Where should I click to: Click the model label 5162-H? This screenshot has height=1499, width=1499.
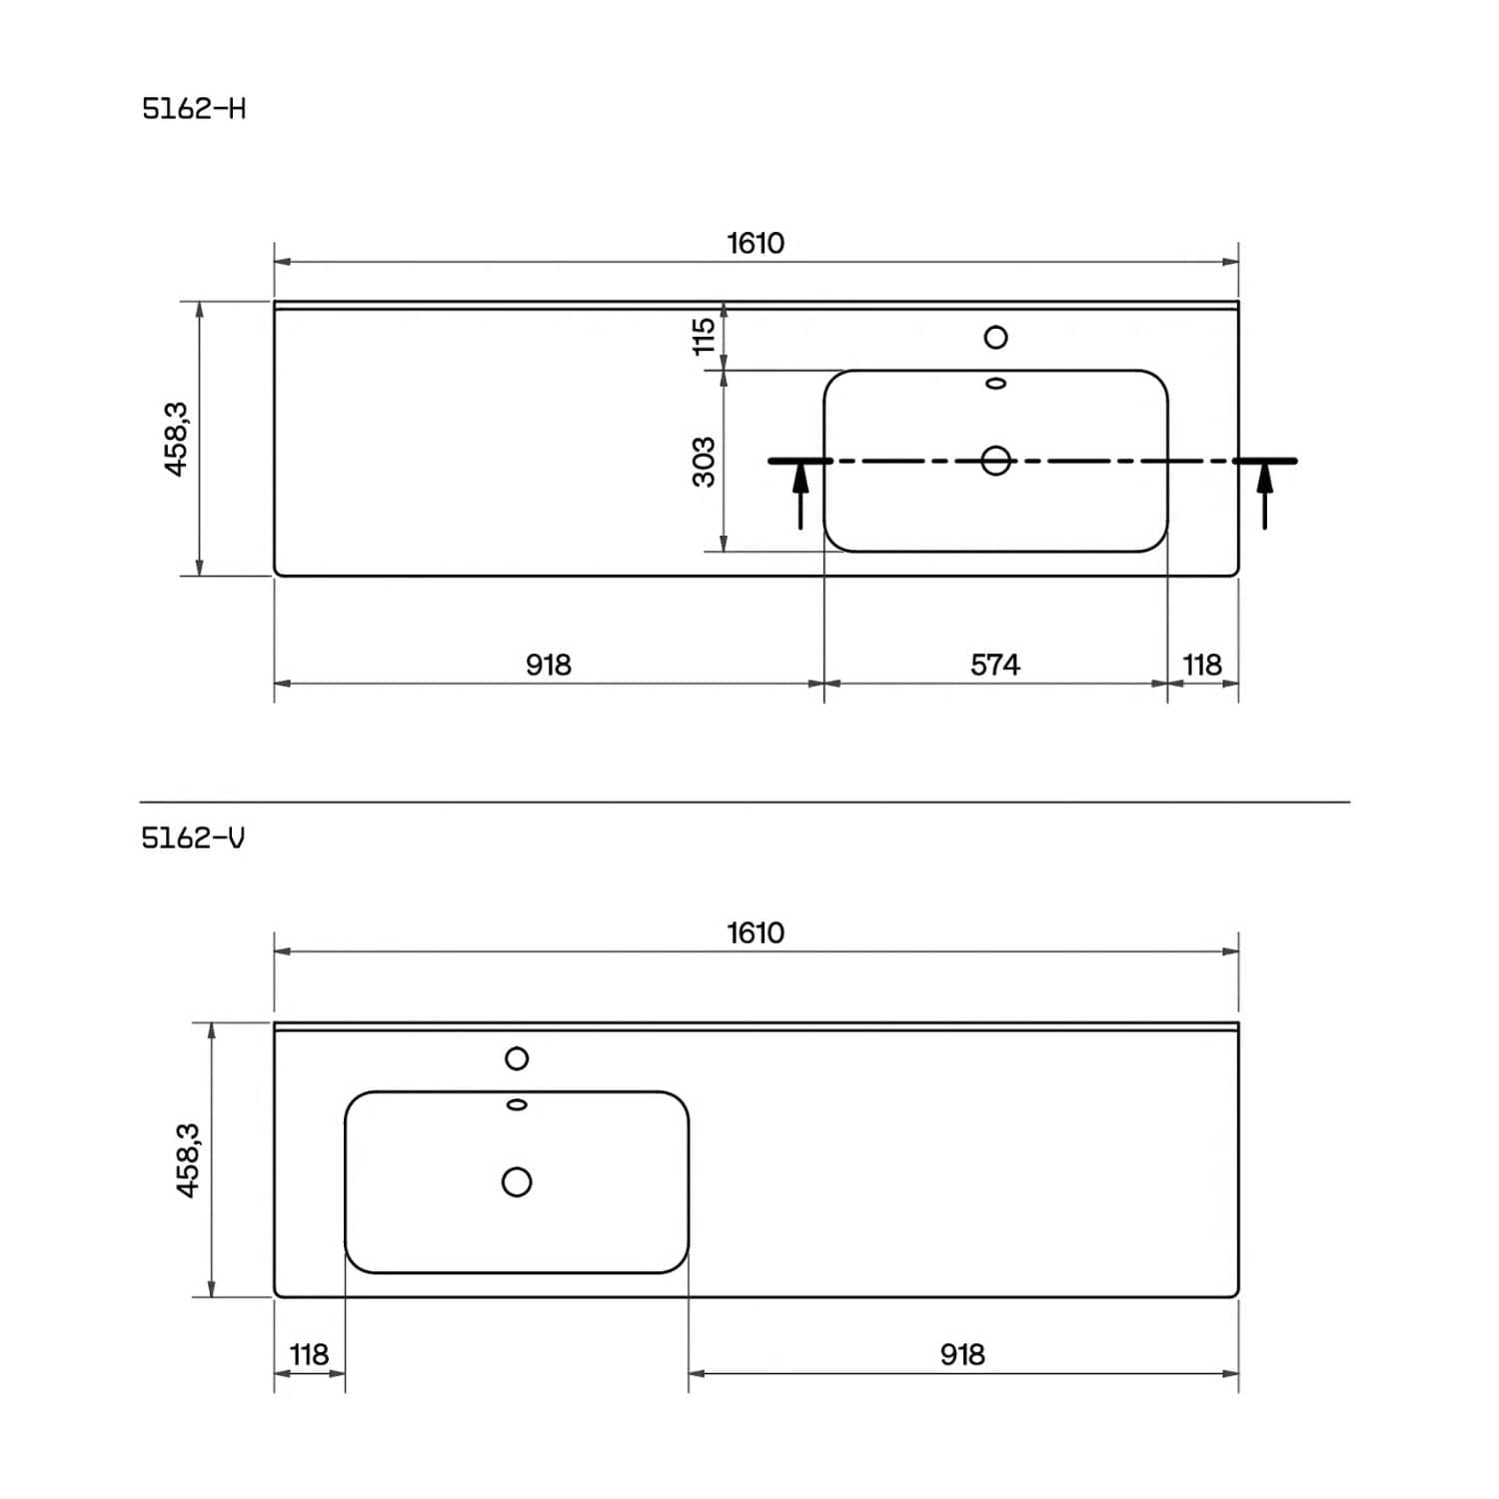(x=194, y=108)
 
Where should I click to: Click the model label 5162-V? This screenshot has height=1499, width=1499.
(x=193, y=837)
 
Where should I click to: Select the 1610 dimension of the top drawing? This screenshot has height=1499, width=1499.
(x=755, y=243)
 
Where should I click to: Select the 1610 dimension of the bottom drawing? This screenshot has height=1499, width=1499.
(x=755, y=932)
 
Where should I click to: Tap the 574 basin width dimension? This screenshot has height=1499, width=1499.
(x=995, y=665)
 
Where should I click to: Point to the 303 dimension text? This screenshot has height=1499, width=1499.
(x=705, y=461)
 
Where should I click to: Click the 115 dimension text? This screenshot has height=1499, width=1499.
(x=705, y=336)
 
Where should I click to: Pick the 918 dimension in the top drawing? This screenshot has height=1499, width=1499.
(x=549, y=665)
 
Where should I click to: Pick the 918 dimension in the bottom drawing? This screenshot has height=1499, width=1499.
(x=962, y=1354)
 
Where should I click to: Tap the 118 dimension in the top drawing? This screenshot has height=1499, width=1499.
(x=1202, y=665)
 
